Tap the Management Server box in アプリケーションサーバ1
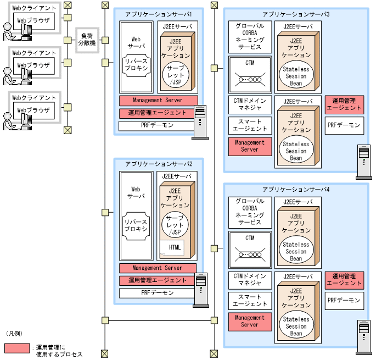pyautogui.click(x=158, y=101)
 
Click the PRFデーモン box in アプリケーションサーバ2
pyautogui.click(x=158, y=293)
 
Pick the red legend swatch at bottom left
pyautogui.click(x=16, y=348)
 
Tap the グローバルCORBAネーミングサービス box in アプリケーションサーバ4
pyautogui.click(x=250, y=212)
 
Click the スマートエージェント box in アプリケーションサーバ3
pyautogui.click(x=250, y=125)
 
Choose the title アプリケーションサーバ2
pyautogui.click(x=158, y=164)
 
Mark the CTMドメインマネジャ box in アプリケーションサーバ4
pyautogui.click(x=250, y=280)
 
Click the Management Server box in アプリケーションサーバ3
pyautogui.click(x=250, y=146)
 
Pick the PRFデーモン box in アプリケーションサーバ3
pyautogui.click(x=344, y=125)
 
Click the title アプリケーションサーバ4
pyautogui.click(x=296, y=189)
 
